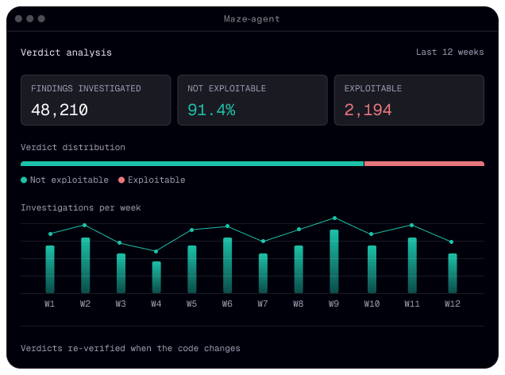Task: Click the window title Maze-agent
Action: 252,19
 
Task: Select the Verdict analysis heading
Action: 67,52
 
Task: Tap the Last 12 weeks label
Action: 449,52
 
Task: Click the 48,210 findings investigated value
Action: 60,110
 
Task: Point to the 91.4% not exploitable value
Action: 211,110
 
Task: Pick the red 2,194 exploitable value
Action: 368,110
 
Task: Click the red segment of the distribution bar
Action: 424,164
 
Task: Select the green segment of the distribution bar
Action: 192,164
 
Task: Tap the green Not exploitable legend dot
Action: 24,180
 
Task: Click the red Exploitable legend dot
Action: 121,180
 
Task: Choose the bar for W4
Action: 156,277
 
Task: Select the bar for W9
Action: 334,261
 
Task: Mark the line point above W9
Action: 334,218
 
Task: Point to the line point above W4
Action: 156,251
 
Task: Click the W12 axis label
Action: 452,303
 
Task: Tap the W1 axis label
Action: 49,303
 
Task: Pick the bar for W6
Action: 227,265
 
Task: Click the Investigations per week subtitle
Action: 81,208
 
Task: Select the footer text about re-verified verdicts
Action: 130,348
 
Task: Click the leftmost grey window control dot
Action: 19,19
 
